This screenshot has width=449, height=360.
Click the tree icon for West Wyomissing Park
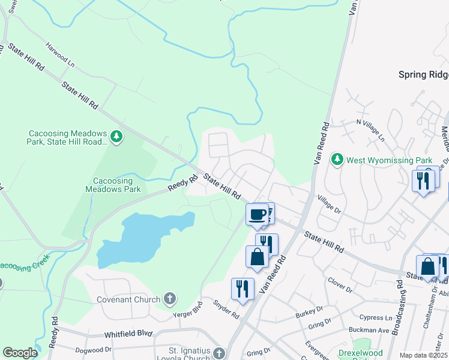click(337, 160)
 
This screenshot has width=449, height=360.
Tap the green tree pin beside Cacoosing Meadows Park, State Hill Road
click(116, 137)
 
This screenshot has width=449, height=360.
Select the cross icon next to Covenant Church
click(170, 299)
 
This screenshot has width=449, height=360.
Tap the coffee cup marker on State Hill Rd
click(258, 215)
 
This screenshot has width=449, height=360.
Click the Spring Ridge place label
click(423, 74)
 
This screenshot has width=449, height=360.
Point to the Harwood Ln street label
click(59, 53)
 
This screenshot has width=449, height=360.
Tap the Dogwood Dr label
click(93, 349)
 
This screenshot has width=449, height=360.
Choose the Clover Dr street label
click(340, 284)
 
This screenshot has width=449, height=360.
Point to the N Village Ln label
click(370, 131)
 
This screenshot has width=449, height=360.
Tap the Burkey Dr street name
click(309, 314)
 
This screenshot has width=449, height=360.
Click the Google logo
click(20, 353)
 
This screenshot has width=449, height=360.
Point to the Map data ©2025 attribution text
click(423, 355)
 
